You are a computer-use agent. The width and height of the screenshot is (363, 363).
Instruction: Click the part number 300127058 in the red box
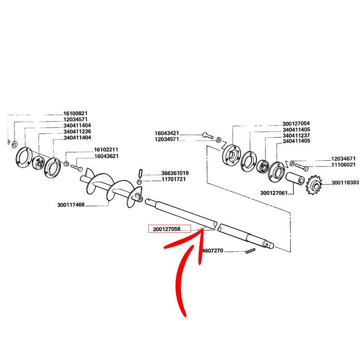[x=167, y=229]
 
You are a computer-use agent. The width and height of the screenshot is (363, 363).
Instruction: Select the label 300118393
[x=345, y=183]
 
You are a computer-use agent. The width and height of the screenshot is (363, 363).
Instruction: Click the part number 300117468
[x=71, y=205]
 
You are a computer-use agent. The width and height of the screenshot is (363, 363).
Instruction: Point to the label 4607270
[x=213, y=250]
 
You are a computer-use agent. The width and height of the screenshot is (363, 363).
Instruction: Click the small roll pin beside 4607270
[x=250, y=251]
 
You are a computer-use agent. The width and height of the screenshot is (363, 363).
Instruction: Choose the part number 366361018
[x=175, y=173]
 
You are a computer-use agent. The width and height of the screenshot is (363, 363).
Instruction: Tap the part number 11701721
[x=174, y=179]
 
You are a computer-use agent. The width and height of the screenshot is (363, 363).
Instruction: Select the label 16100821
[x=75, y=113]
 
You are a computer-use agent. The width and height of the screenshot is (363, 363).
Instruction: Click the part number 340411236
[x=77, y=132]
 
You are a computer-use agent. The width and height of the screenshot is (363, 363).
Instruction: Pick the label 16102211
[x=106, y=150]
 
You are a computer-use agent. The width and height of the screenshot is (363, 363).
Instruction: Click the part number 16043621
[x=107, y=156]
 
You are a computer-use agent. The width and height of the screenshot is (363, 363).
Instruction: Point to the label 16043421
[x=167, y=133]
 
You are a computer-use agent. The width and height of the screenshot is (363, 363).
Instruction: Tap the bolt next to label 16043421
[x=208, y=135]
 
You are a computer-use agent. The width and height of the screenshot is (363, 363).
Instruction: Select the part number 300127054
[x=296, y=123]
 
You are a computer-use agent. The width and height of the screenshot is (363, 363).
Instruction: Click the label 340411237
[x=296, y=135]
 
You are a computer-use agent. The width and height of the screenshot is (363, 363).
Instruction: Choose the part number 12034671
[x=343, y=158]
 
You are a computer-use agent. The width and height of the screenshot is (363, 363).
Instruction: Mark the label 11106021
[x=343, y=165]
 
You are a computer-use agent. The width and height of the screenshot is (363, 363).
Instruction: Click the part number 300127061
[x=274, y=193]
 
